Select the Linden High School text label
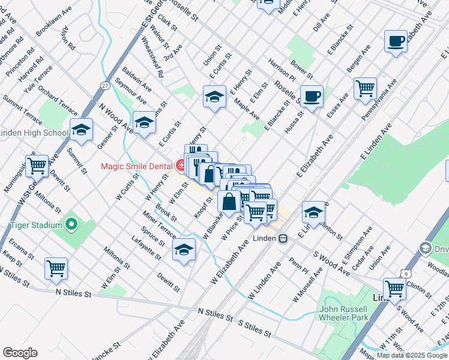tap(33, 133)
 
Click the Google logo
tap(20, 353)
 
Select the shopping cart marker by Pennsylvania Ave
tap(365, 89)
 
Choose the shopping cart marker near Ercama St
tap(56, 268)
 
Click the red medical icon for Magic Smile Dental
tap(180, 165)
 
